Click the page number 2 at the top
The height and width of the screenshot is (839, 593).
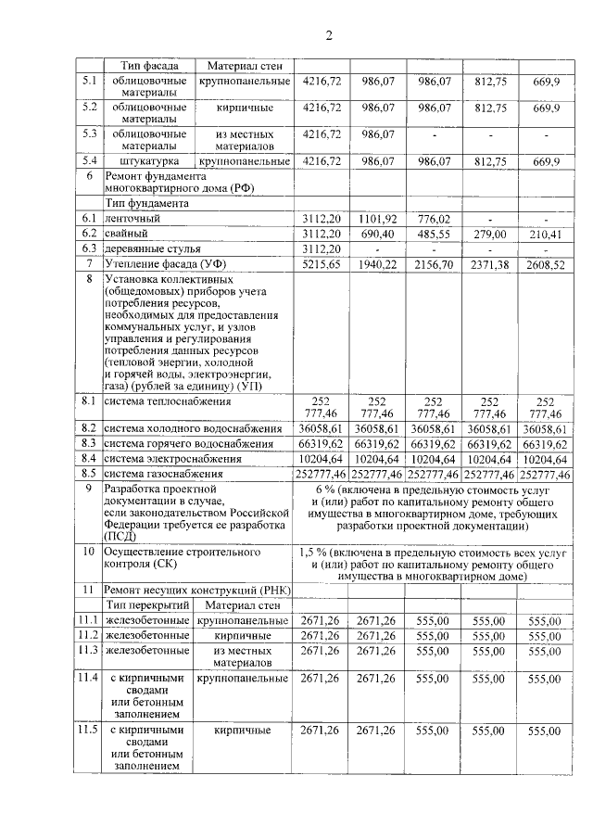point(328,36)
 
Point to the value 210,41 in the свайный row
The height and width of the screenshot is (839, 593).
point(546,234)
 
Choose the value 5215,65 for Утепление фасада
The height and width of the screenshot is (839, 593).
point(322,264)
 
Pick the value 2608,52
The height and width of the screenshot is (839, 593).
point(546,264)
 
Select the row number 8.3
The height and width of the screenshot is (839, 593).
point(89,444)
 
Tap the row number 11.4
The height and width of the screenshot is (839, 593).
point(89,679)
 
